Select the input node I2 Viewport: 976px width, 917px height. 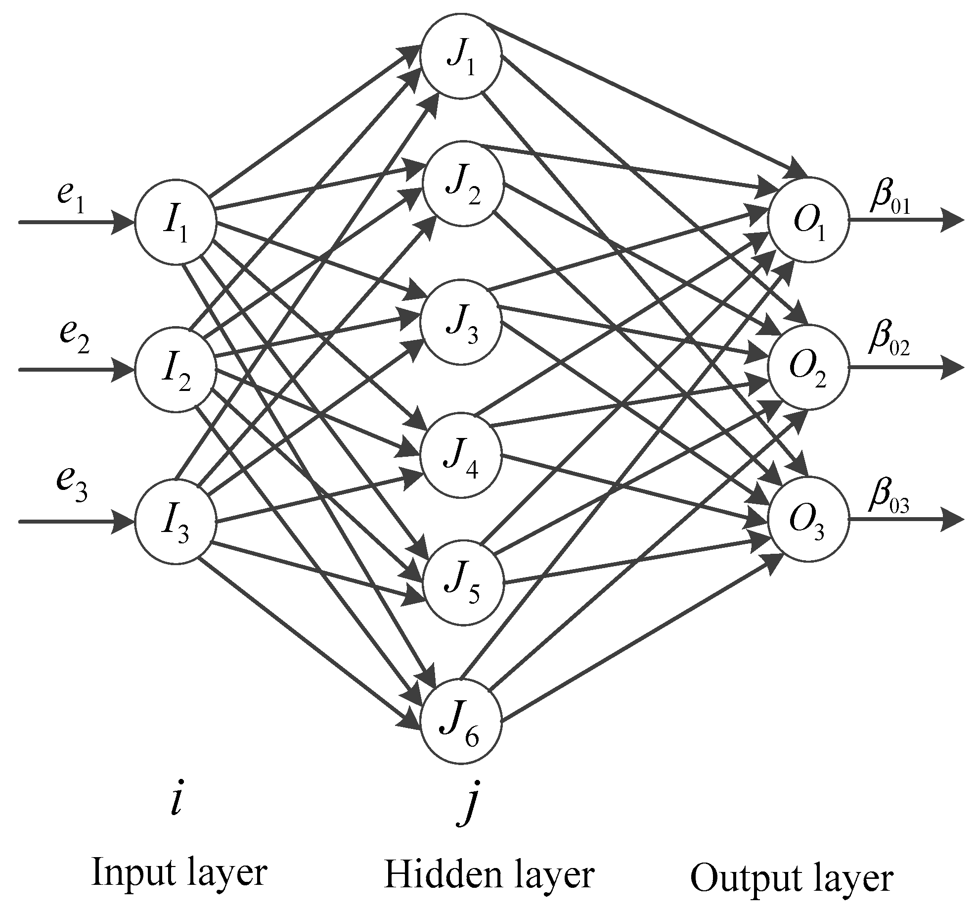point(176,369)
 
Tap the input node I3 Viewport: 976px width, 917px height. point(176,521)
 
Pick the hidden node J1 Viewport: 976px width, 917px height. point(461,57)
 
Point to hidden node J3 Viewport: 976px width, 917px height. point(461,322)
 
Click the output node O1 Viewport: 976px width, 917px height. point(808,220)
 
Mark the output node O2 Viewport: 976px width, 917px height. point(808,367)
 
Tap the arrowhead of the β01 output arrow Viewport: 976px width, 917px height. point(951,220)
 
